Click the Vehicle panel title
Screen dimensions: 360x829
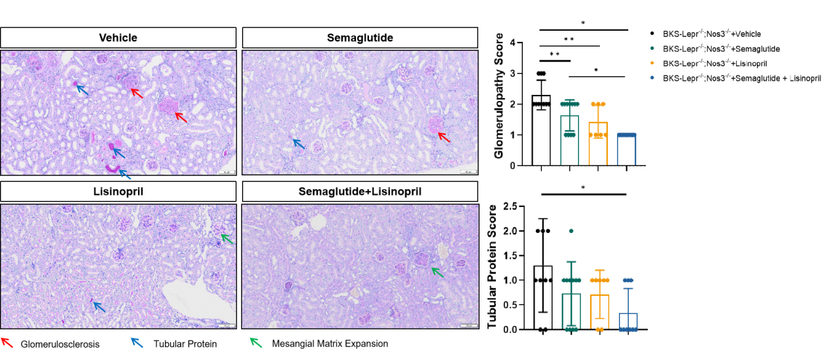click(x=118, y=38)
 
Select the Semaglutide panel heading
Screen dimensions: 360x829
click(x=360, y=38)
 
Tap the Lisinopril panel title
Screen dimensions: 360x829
click(x=118, y=191)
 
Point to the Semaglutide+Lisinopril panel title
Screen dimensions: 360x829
click(x=360, y=191)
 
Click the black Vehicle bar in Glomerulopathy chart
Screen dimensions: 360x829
click(x=541, y=131)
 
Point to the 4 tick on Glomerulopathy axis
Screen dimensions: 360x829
click(x=520, y=43)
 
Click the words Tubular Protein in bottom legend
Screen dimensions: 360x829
click(x=185, y=344)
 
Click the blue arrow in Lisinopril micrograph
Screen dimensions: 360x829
click(x=97, y=305)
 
